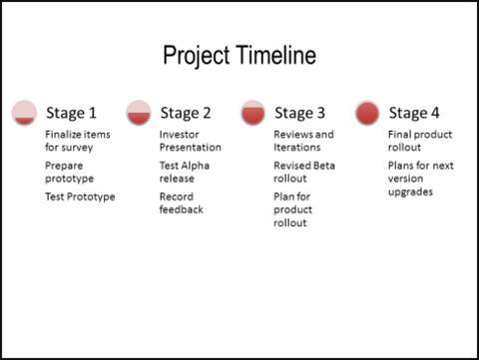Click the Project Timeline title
[239, 56]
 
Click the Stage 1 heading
[71, 113]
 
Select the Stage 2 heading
[186, 113]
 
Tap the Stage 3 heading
[299, 113]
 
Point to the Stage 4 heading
[414, 113]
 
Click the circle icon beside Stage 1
[25, 113]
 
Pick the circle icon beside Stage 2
[139, 113]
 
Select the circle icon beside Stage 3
[253, 113]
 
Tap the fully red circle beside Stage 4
[367, 113]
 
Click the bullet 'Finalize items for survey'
[77, 141]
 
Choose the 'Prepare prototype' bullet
[69, 172]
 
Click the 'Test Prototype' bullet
[80, 196]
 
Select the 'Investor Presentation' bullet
[190, 141]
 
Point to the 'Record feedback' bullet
[182, 203]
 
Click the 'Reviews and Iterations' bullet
[303, 141]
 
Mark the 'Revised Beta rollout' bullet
[303, 172]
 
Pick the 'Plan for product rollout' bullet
[293, 209]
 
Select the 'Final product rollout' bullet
[418, 141]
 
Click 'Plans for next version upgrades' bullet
[420, 178]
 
